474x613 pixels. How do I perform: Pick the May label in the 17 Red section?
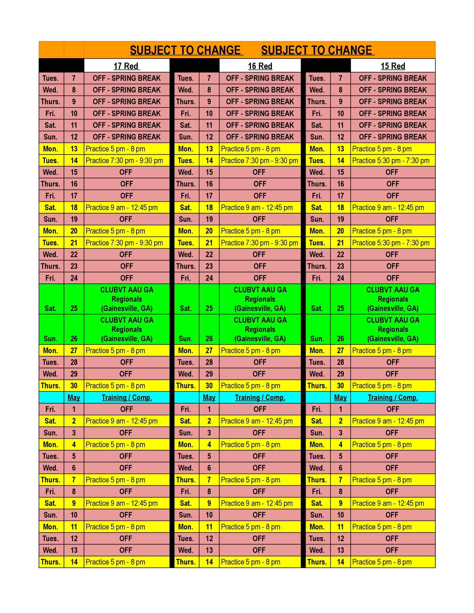(74, 397)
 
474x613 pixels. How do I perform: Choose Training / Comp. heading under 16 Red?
(260, 397)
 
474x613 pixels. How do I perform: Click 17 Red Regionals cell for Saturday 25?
(127, 299)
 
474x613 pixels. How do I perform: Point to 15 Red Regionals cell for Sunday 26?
(393, 329)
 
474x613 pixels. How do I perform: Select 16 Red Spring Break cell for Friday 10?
(260, 114)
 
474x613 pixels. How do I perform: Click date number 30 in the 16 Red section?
(209, 386)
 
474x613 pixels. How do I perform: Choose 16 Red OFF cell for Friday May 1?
(260, 409)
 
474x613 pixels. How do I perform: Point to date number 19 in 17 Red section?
(74, 219)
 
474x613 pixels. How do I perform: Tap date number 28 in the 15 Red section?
(341, 362)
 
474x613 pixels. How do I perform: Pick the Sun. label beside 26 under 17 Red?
(51, 339)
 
